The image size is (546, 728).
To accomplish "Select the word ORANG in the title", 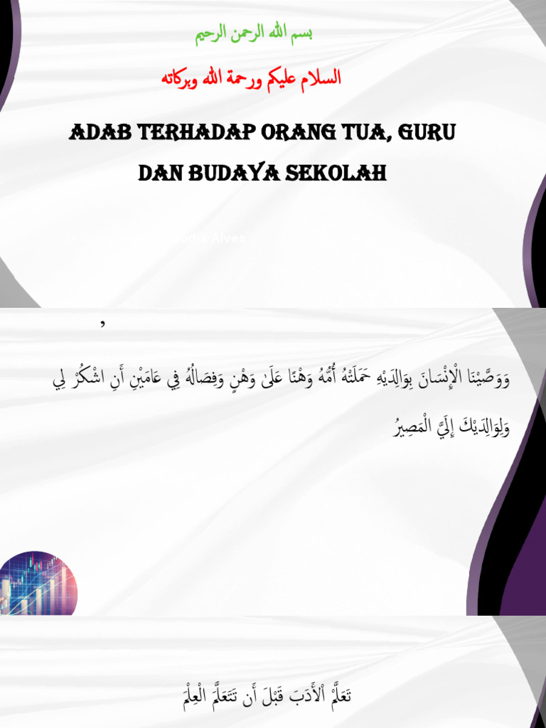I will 298,134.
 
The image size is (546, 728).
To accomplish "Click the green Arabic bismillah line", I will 254,36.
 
